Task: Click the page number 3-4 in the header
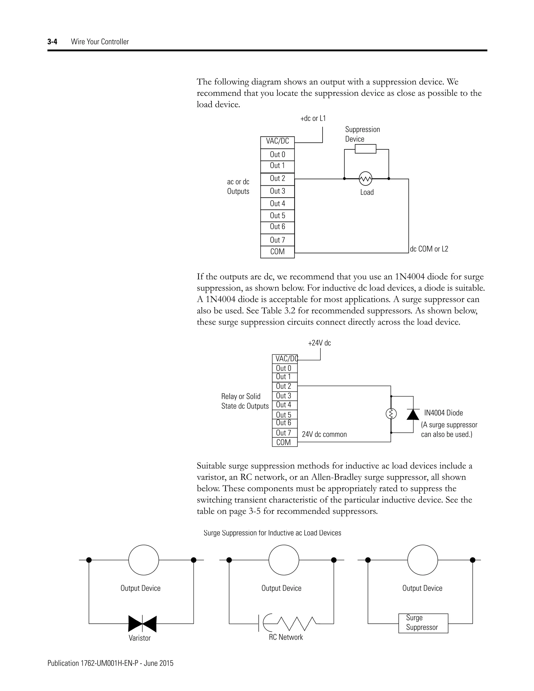pos(52,42)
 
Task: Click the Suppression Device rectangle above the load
pos(365,149)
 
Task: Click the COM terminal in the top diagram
pos(277,252)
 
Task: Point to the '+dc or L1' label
pos(313,119)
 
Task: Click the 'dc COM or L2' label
pos(429,249)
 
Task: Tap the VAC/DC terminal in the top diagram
pos(277,141)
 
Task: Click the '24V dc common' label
pos(324,434)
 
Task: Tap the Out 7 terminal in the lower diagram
pos(283,433)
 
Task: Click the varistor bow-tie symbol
pos(142,624)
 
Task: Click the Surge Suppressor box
pos(423,623)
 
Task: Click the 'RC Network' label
pos(286,637)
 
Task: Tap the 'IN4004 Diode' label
pos(444,413)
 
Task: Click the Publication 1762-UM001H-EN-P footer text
pos(110,663)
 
